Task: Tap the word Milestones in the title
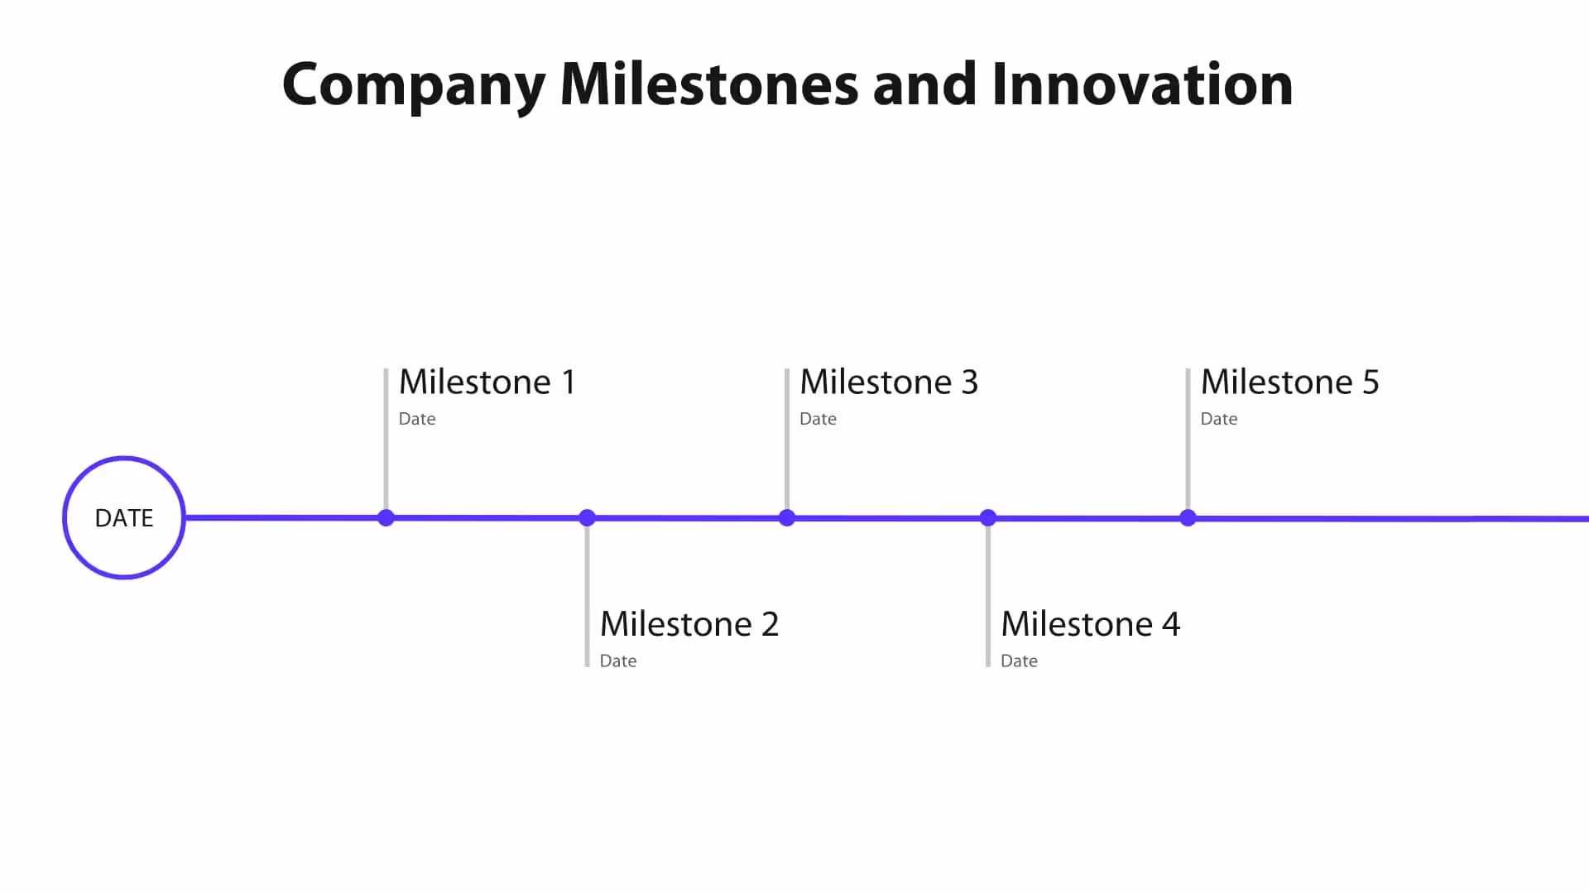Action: coord(709,84)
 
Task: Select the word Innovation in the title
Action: coord(1142,84)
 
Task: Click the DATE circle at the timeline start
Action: coord(124,517)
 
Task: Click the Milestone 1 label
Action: coord(487,382)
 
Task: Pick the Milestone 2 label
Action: coord(689,624)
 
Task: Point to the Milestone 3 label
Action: coord(889,382)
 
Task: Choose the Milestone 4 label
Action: coord(1090,624)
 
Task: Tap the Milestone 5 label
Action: coord(1289,382)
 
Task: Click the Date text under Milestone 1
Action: coord(417,419)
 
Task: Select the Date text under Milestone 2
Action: coord(618,661)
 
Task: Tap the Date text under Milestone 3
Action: coord(818,419)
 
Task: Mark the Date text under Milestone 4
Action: coord(1019,661)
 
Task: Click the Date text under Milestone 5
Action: coord(1219,419)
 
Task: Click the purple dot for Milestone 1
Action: coord(386,518)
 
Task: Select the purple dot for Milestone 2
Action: coord(588,518)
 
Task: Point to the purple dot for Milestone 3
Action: coord(787,518)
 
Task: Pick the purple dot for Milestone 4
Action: coord(988,518)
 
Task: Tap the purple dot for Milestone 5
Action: coord(1188,518)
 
